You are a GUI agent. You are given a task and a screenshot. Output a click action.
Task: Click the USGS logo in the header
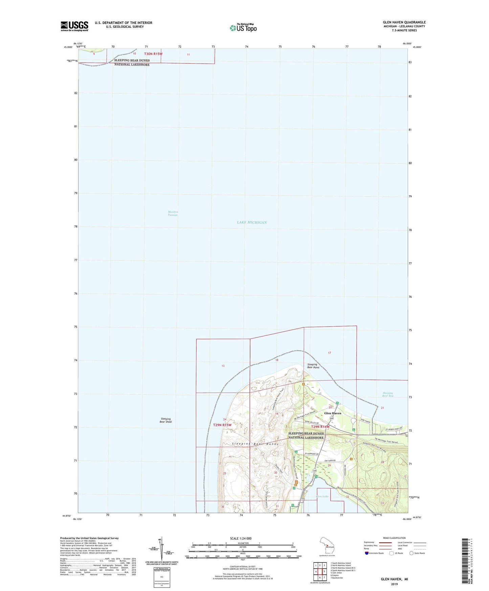[74, 26]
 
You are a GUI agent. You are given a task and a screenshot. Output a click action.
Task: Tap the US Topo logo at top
[243, 28]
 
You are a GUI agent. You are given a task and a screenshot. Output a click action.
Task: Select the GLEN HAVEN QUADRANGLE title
[404, 22]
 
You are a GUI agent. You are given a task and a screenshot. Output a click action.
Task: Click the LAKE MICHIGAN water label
[252, 222]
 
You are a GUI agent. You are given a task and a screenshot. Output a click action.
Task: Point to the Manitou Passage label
[173, 213]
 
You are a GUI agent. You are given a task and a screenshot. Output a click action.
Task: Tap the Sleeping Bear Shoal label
[166, 420]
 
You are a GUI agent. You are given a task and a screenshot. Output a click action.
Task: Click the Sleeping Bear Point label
[313, 366]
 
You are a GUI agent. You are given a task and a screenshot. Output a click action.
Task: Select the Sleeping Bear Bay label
[388, 394]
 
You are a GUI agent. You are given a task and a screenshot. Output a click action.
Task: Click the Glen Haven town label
[333, 413]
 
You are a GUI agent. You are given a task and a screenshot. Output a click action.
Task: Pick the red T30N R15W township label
[153, 54]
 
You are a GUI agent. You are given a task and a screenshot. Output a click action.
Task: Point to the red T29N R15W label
[222, 425]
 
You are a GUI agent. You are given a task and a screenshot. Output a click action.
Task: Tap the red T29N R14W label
[320, 427]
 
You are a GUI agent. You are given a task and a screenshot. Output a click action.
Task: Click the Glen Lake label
[322, 496]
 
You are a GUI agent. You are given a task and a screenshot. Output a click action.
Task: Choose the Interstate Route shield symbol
[367, 553]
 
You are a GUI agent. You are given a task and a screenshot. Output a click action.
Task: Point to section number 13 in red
[223, 366]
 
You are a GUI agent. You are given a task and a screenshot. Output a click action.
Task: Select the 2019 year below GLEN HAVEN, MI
[394, 584]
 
